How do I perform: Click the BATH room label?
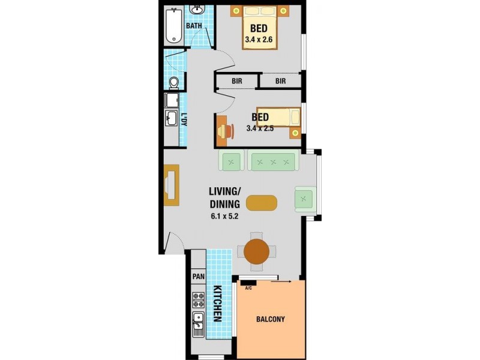193,26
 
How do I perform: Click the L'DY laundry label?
184,119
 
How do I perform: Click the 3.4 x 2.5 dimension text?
260,128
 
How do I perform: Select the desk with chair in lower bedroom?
223,131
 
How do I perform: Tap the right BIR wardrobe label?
281,81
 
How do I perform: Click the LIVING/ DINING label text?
224,198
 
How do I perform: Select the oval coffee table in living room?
262,203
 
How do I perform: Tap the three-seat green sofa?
274,161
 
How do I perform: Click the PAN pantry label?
198,277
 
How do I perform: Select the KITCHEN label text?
217,304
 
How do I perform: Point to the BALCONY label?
271,319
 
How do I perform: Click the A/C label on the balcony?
248,287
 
